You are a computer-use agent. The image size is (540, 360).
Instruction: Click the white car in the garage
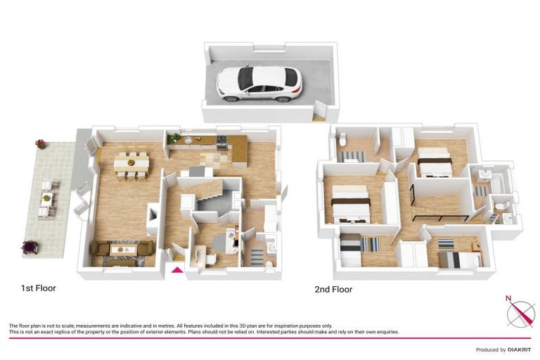pos(259,84)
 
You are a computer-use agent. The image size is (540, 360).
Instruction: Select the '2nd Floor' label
pos(333,289)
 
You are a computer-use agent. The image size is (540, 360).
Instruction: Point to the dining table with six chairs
pos(131,164)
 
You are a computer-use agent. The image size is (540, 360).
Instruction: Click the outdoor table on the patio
pos(46,198)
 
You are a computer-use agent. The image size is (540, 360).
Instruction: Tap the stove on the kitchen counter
pos(221,141)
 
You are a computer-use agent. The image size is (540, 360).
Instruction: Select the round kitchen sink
pos(190,140)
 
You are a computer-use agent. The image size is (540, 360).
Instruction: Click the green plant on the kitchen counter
pos(174,138)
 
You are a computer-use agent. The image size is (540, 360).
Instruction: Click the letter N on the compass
pos(508,298)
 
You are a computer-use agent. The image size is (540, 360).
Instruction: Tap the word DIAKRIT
pos(517,349)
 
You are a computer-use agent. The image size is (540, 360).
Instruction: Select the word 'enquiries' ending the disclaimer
pos(386,332)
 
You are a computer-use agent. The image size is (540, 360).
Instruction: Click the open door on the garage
pos(320,110)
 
